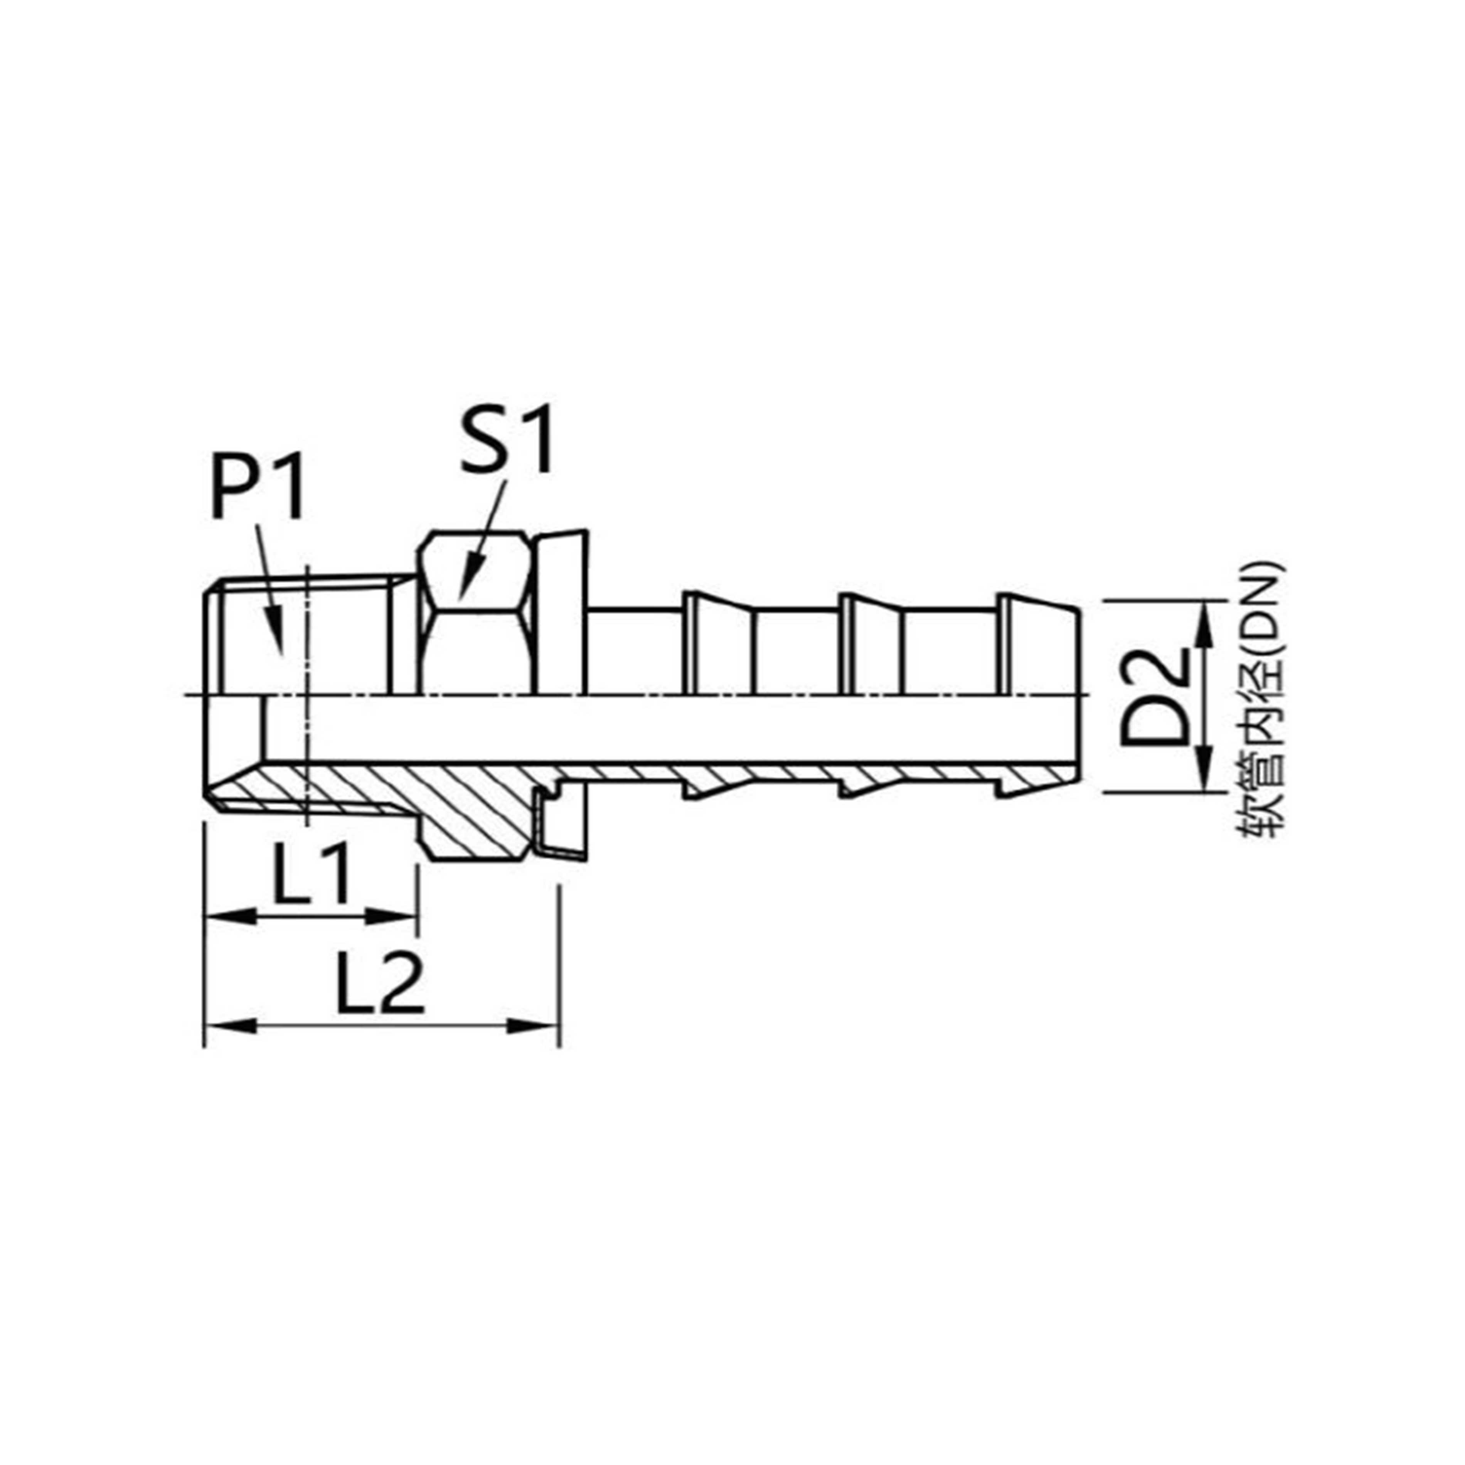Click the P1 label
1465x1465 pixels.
coord(258,485)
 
